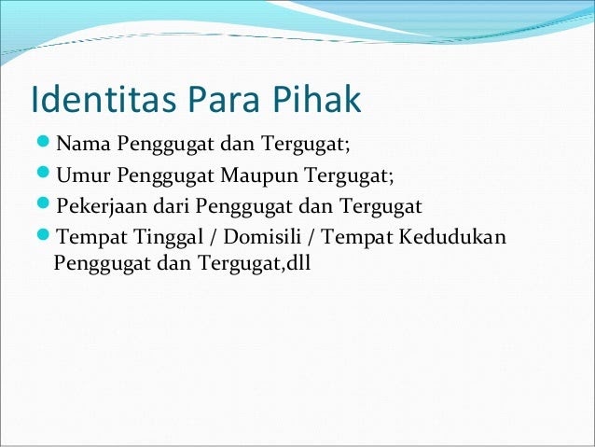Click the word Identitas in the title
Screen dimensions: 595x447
tap(104, 99)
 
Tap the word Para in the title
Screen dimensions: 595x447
tap(224, 100)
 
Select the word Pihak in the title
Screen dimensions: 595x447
tap(316, 99)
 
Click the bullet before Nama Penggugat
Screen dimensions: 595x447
tap(44, 142)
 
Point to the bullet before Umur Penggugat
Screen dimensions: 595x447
tap(44, 173)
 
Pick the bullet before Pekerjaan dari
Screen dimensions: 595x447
tap(44, 203)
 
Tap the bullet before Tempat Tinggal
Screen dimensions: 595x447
tap(44, 234)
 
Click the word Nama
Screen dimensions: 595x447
tap(83, 144)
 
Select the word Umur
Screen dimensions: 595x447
tap(83, 175)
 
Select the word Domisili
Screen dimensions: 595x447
tap(262, 236)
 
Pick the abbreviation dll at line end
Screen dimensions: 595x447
tap(298, 262)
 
